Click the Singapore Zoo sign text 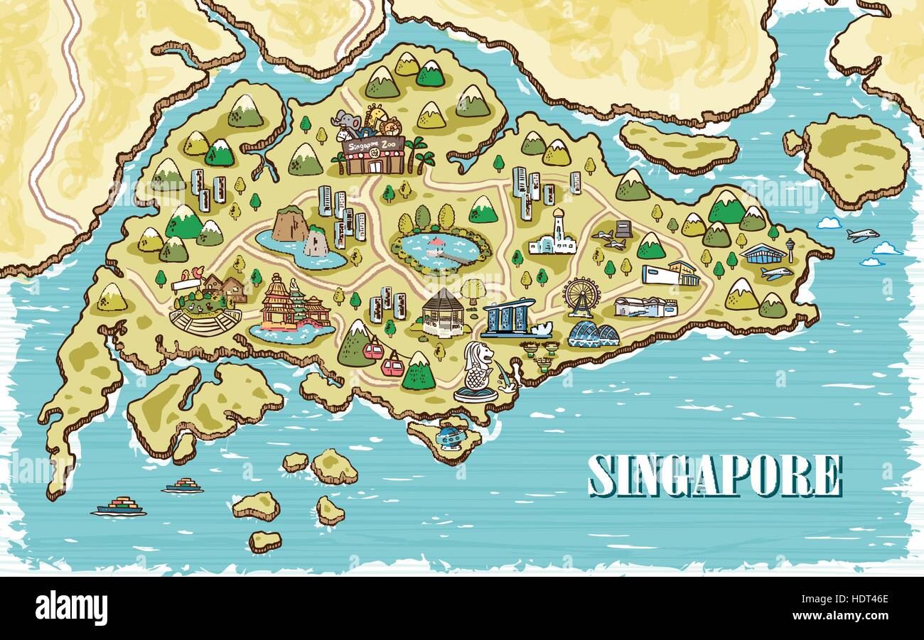tap(372, 145)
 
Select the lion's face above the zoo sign tap(390, 127)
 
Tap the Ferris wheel tap(580, 294)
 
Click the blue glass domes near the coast tap(593, 334)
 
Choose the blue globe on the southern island tap(448, 435)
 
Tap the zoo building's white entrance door tap(374, 167)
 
